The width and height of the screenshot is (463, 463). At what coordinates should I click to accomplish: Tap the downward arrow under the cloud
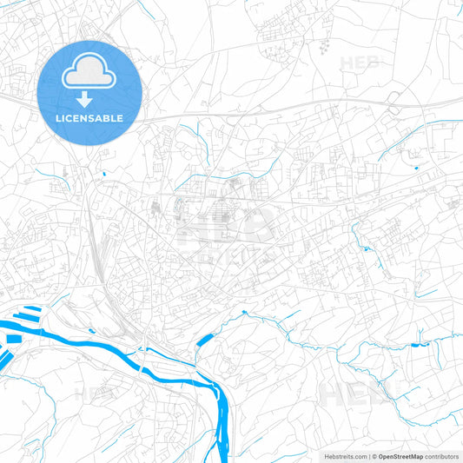tap(89, 100)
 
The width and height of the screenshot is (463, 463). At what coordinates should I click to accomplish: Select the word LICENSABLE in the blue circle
tap(89, 117)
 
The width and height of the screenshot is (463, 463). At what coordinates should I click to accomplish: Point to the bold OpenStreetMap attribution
tap(400, 455)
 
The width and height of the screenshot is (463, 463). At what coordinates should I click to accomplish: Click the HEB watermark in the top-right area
tap(360, 63)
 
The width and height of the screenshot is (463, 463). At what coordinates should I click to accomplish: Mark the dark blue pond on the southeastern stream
tap(424, 346)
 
